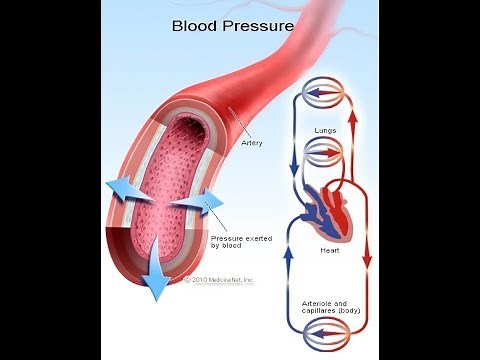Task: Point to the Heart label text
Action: (x=329, y=250)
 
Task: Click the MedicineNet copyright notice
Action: (x=220, y=279)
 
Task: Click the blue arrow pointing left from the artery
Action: (x=125, y=189)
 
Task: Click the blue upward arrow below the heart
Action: (x=289, y=262)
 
